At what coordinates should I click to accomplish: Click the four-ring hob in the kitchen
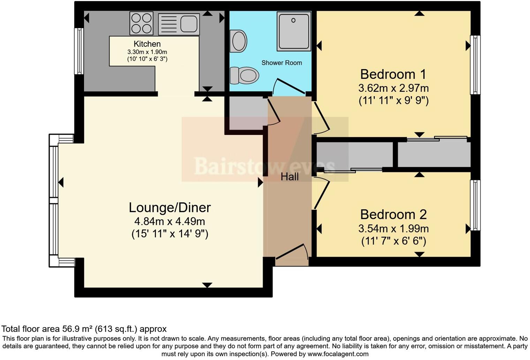(x=141, y=23)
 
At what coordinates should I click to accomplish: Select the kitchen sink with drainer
(x=179, y=24)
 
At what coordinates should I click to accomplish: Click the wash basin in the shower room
(x=238, y=41)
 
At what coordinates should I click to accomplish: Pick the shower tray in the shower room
(x=294, y=31)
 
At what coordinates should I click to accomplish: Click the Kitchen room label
(x=147, y=44)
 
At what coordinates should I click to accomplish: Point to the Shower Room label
(x=281, y=63)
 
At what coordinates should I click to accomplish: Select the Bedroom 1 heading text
(x=393, y=74)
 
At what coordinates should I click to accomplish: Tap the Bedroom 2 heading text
(x=393, y=214)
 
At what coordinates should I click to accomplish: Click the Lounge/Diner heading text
(x=170, y=208)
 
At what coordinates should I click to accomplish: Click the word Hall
(x=289, y=177)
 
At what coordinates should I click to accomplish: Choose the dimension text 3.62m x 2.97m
(x=393, y=88)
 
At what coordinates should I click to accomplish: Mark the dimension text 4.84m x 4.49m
(x=170, y=221)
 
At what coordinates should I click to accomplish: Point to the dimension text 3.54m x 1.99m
(x=393, y=228)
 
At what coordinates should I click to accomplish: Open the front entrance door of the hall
(x=291, y=253)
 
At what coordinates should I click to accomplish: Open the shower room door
(x=289, y=87)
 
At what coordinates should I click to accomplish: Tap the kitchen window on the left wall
(x=79, y=51)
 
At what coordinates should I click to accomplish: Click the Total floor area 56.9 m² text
(x=84, y=329)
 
